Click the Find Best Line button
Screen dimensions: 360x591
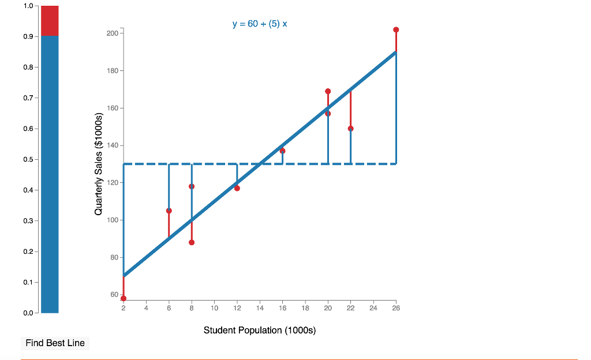coord(55,343)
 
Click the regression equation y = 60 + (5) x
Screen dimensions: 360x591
coord(259,24)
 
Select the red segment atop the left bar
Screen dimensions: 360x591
coord(50,20)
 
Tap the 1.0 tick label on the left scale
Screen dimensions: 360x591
coord(28,6)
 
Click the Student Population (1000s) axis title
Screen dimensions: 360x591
coord(259,331)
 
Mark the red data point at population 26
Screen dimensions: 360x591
coord(396,29)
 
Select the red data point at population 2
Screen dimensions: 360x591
coord(124,298)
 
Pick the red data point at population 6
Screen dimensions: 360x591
coord(169,211)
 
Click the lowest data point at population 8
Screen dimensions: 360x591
coord(192,242)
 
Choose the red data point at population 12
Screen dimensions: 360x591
coord(237,188)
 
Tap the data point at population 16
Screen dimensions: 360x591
coord(282,151)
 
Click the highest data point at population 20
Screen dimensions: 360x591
coord(328,91)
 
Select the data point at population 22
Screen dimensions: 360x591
coord(350,129)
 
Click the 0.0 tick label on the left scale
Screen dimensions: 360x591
coord(28,313)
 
